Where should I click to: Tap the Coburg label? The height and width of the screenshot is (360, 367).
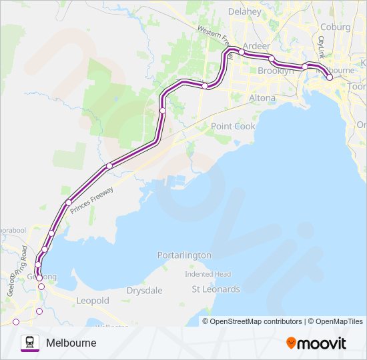pyautogui.click(x=335, y=27)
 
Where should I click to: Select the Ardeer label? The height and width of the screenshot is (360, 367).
pyautogui.click(x=257, y=46)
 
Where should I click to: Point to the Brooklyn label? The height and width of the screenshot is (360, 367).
pyautogui.click(x=276, y=71)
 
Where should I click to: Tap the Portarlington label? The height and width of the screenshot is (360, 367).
pyautogui.click(x=184, y=255)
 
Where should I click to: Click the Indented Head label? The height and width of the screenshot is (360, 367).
pyautogui.click(x=208, y=274)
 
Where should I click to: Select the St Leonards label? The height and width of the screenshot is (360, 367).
pyautogui.click(x=216, y=289)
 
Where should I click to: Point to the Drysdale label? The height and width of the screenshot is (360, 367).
pyautogui.click(x=143, y=291)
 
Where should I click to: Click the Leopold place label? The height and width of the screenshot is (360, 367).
pyautogui.click(x=93, y=301)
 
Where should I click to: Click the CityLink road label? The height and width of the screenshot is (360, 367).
pyautogui.click(x=321, y=47)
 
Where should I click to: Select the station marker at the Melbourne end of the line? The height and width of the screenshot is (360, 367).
pyautogui.click(x=329, y=77)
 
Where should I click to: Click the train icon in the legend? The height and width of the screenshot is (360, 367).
pyautogui.click(x=29, y=343)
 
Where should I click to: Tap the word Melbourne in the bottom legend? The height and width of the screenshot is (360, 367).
pyautogui.click(x=71, y=343)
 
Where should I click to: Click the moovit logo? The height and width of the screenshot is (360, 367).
pyautogui.click(x=316, y=343)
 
